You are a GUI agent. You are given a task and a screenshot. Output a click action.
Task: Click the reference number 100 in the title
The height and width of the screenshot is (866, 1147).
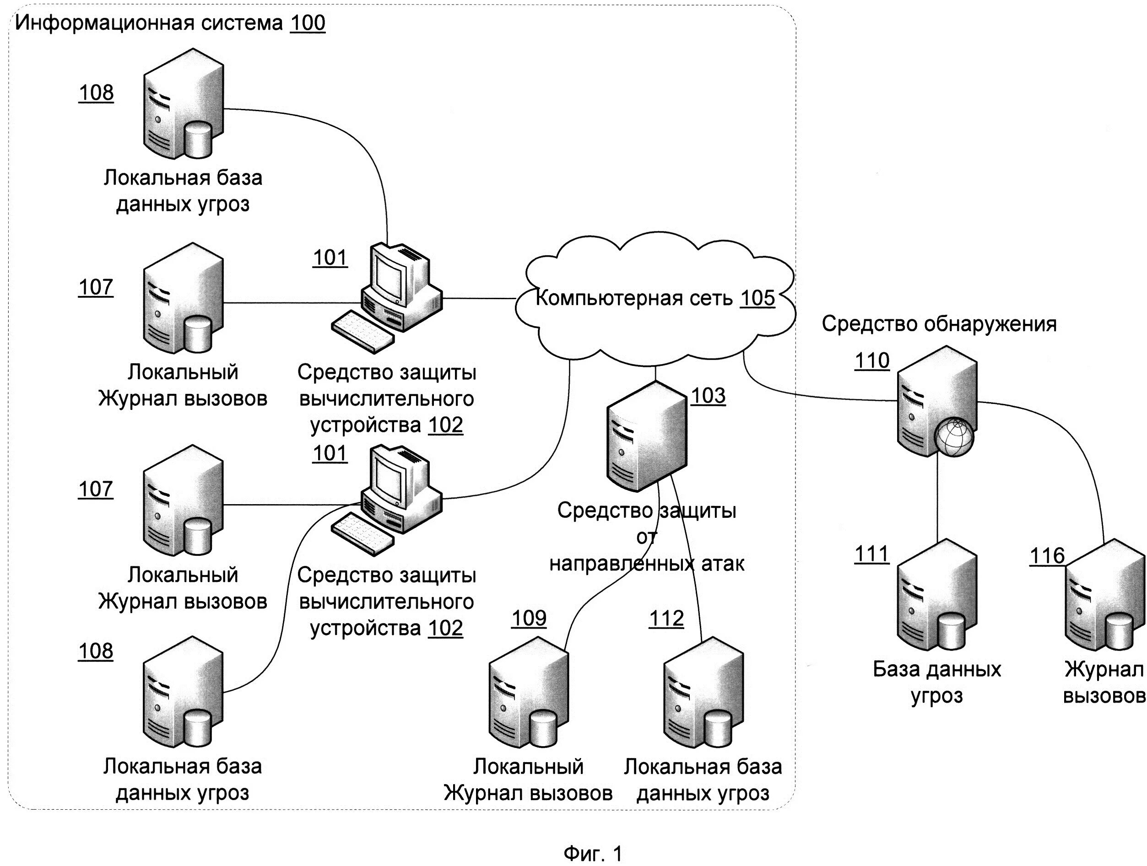[308, 23]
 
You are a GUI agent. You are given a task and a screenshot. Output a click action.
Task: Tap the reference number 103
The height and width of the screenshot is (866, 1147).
[709, 396]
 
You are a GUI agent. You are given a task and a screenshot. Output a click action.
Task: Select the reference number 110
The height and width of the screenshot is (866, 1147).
[872, 360]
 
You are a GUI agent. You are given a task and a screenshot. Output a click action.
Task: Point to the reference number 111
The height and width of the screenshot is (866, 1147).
[871, 554]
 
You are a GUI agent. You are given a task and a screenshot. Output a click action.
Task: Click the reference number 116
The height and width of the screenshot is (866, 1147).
[1047, 556]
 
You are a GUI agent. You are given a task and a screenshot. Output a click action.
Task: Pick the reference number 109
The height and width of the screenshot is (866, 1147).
[529, 618]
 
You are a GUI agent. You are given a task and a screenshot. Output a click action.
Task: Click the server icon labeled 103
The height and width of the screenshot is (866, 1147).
[647, 436]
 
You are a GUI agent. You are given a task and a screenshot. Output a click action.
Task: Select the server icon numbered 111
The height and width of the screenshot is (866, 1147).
[936, 595]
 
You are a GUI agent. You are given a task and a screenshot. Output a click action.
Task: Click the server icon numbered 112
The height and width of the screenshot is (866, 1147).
[703, 692]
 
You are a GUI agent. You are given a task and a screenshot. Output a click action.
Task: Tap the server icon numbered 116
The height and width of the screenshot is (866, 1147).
[1104, 595]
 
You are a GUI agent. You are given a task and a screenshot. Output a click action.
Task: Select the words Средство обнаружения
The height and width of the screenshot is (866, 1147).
[939, 324]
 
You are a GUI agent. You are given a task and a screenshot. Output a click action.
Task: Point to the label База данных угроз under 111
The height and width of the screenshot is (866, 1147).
[936, 683]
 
